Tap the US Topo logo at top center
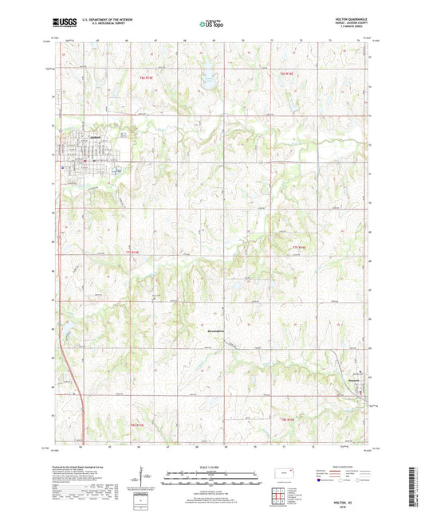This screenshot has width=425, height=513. click(211, 24)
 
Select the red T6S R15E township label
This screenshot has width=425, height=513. click(145, 77)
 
